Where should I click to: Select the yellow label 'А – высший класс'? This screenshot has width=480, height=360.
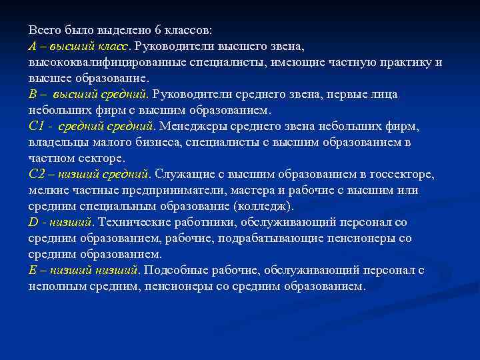click(x=79, y=47)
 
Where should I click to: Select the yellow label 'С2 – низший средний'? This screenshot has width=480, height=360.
click(x=89, y=175)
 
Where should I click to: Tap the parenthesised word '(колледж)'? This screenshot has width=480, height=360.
click(x=261, y=207)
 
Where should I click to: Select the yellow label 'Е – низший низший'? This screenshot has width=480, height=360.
click(x=83, y=271)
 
